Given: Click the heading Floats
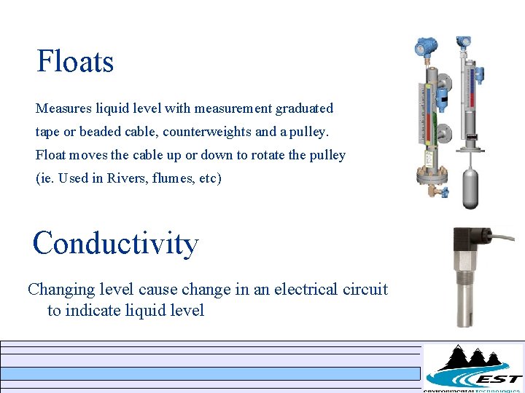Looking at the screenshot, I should (x=75, y=62).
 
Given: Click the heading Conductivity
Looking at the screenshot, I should (x=115, y=243).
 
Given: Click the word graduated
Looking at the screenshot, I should (x=304, y=108).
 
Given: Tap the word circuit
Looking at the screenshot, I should (x=365, y=289).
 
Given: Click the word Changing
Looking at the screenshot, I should (x=61, y=289).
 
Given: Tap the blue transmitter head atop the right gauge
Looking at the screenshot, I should (x=464, y=46).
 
